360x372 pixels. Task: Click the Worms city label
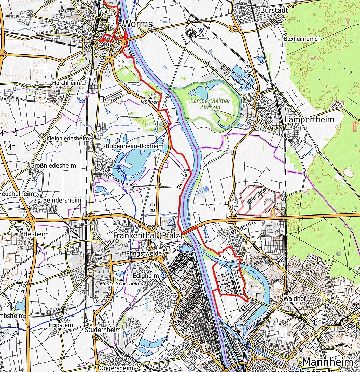[x=137, y=24]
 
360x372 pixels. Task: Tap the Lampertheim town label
[x=309, y=120]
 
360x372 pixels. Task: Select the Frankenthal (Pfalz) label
[x=147, y=235]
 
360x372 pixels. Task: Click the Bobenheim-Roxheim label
[x=134, y=146]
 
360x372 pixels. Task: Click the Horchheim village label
[x=66, y=83]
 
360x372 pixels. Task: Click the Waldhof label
[x=294, y=299]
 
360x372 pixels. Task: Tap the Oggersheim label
[x=116, y=368]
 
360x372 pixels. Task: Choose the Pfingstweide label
[x=144, y=253]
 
